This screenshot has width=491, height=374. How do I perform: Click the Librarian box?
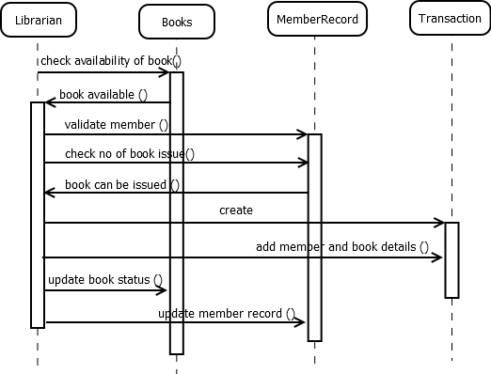(38, 21)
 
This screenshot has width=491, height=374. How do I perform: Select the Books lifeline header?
(176, 22)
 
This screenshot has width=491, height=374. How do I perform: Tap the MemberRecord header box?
(314, 19)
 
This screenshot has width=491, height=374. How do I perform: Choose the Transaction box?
(451, 19)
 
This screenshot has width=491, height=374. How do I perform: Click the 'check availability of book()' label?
(110, 61)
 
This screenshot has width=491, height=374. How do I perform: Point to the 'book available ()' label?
(103, 94)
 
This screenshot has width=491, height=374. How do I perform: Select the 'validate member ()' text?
(117, 124)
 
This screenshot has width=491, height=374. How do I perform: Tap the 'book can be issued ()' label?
(122, 184)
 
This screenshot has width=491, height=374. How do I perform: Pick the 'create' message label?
(235, 210)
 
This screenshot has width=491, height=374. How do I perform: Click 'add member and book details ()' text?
(342, 246)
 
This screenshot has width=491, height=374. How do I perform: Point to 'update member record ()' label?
(227, 312)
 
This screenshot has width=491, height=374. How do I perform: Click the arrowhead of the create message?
(439, 223)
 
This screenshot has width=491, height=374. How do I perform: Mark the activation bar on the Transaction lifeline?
(451, 259)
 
